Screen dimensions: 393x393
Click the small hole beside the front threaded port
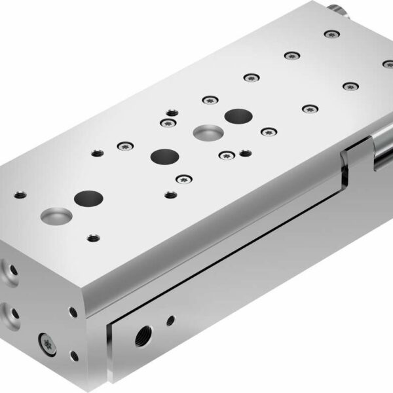click(x=171, y=320)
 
